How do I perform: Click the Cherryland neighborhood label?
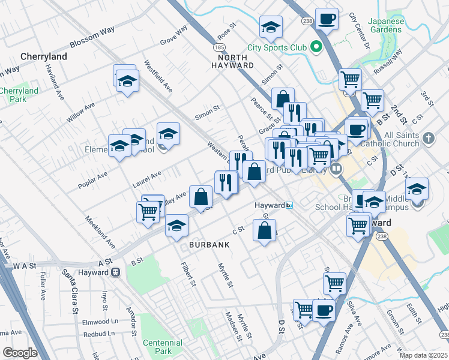tap(43, 56)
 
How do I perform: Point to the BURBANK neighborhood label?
tap(209, 245)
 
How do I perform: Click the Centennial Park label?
tap(163, 346)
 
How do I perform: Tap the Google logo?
tap(20, 352)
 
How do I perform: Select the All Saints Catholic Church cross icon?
tap(428, 139)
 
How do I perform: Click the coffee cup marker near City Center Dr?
tap(327, 19)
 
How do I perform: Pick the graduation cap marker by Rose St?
tap(271, 26)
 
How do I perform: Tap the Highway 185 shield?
tap(221, 47)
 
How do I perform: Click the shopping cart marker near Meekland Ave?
tap(148, 211)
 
